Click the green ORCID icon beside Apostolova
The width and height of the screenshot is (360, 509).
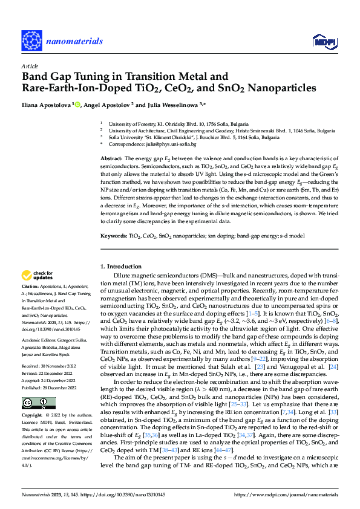coord(77,104)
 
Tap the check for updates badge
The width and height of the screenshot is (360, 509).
coord(37,275)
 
